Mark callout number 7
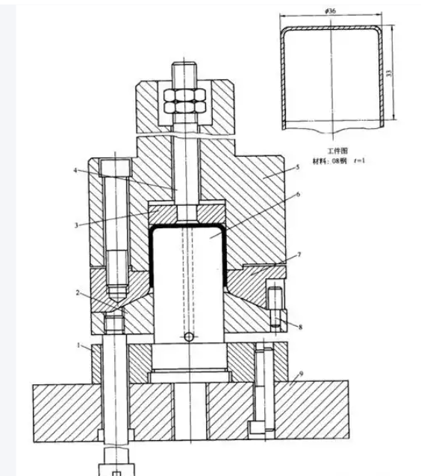(x=299, y=257)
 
